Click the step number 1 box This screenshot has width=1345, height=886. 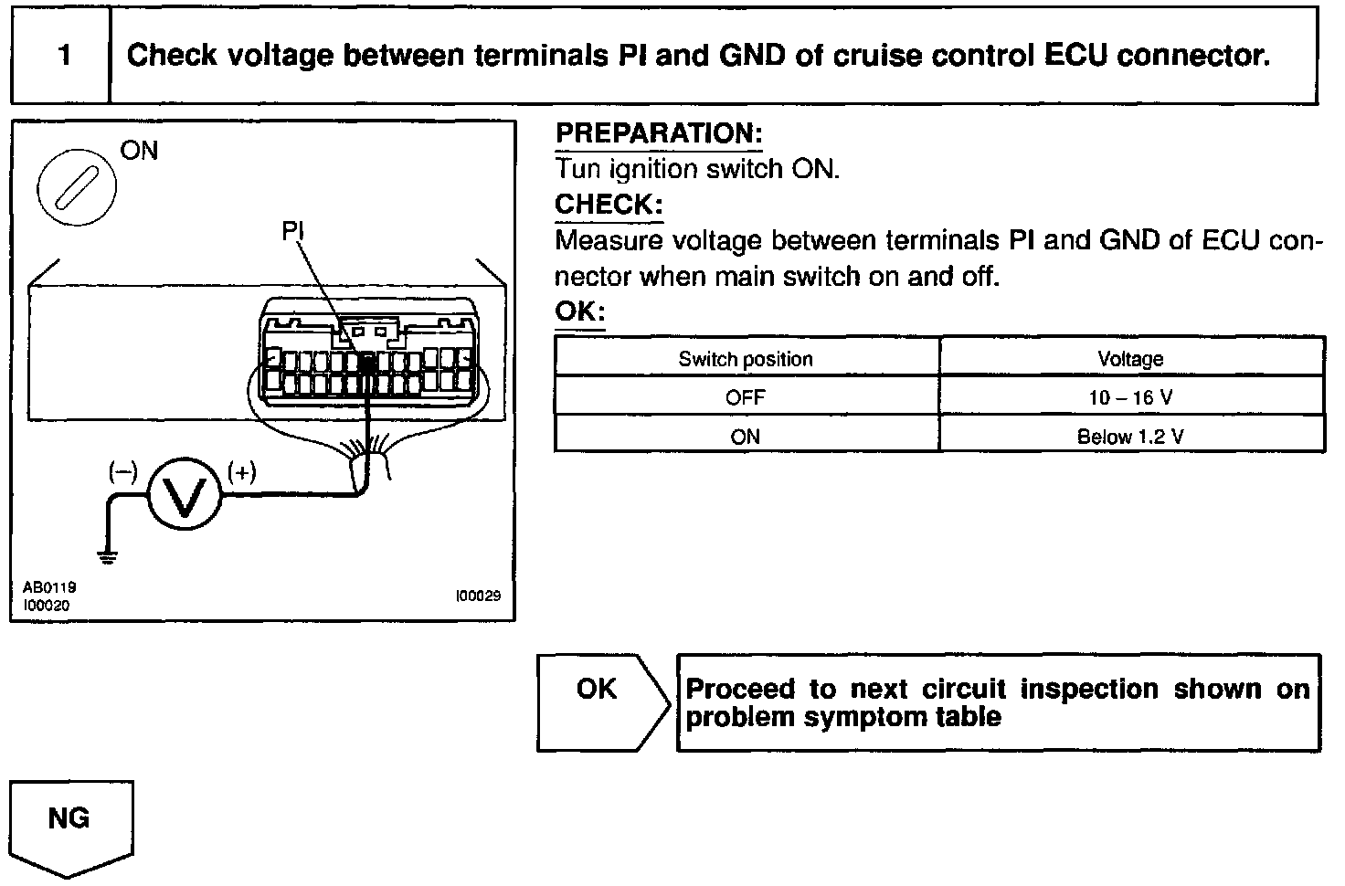click(62, 56)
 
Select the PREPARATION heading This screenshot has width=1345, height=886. click(658, 133)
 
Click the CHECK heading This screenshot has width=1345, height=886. click(608, 204)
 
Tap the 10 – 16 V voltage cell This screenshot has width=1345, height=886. click(1130, 397)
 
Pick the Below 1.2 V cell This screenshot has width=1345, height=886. click(1130, 437)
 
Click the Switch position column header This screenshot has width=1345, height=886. click(746, 359)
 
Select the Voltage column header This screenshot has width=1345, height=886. click(1130, 359)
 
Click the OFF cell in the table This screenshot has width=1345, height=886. click(746, 397)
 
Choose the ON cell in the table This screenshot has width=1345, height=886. click(746, 437)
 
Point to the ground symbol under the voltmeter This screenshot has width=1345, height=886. click(109, 556)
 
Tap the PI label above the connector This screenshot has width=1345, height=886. click(292, 232)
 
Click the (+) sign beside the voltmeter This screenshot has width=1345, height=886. click(241, 472)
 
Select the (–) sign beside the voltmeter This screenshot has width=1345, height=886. click(122, 472)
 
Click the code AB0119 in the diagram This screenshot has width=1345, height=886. click(49, 588)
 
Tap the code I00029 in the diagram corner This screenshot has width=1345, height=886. click(478, 596)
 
